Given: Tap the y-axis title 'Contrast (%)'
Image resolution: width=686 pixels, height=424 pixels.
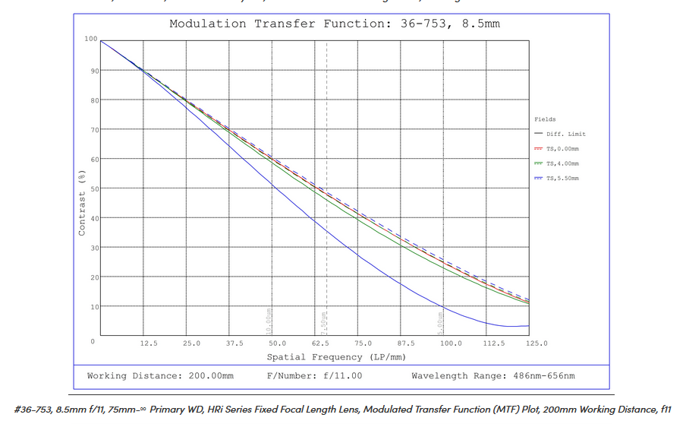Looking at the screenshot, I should tap(82, 204).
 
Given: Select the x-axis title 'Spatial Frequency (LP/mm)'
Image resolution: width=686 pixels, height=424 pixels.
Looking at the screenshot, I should tap(335, 356).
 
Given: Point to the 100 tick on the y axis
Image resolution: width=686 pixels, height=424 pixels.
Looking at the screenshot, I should tap(91, 39).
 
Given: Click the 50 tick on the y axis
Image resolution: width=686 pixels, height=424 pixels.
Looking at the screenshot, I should tap(93, 188).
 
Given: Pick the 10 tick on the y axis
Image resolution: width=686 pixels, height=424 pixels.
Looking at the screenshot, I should tap(93, 307).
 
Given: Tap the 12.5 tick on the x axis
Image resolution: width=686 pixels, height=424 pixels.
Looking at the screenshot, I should tap(149, 343).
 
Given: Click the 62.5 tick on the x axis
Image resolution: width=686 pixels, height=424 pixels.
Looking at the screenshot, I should tap(321, 343).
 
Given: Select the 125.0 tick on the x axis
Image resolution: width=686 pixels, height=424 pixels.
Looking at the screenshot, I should tap(537, 343).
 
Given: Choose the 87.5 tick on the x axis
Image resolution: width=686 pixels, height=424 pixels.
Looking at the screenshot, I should tap(408, 343).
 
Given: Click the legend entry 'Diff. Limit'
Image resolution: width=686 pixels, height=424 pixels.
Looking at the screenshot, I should tap(565, 134).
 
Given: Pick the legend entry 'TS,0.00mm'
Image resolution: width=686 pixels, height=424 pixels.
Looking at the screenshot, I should tap(562, 149).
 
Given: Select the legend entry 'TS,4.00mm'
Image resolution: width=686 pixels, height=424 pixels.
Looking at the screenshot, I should tap(562, 163).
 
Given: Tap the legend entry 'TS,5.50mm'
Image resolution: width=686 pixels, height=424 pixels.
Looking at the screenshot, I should tap(562, 178).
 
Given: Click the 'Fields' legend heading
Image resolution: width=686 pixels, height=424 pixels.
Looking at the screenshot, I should tap(545, 119).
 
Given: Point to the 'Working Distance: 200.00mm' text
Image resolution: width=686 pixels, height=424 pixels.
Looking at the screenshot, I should tap(160, 376).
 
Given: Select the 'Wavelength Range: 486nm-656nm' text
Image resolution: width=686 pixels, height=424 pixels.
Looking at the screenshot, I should tap(492, 376).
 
